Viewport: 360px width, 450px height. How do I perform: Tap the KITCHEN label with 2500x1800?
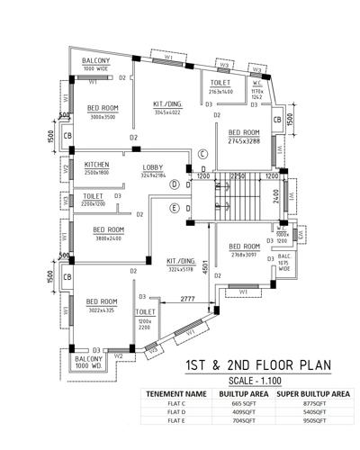pos(97,166)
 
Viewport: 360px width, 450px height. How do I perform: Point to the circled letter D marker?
pos(174,184)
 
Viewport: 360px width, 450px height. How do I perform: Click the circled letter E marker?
pos(174,208)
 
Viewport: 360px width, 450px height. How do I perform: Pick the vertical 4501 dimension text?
pos(205,271)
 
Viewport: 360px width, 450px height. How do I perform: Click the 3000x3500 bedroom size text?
pos(103,116)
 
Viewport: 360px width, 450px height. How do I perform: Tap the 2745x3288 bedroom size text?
pos(238,142)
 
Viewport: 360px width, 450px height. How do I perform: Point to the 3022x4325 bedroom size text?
pos(101,310)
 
